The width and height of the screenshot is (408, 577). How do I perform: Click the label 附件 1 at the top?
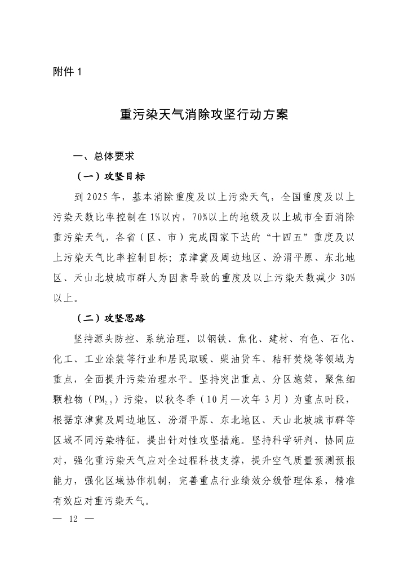[68, 72]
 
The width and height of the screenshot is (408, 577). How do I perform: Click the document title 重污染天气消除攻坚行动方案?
[204, 114]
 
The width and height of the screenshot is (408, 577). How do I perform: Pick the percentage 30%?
[344, 278]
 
